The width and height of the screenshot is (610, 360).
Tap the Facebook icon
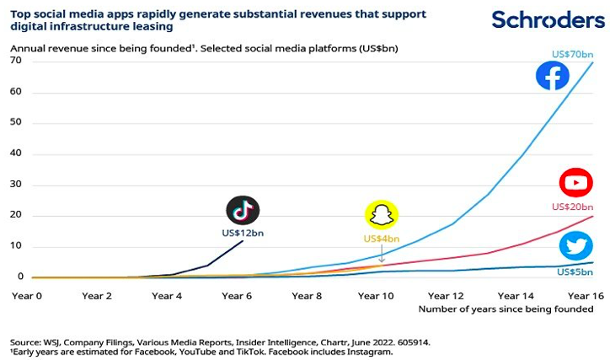tap(553, 77)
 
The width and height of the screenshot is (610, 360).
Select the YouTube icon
tap(576, 182)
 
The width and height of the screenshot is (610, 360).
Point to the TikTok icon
tap(243, 210)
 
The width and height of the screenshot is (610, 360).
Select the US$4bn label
tap(382, 239)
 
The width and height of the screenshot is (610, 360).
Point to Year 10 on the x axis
tap(377, 296)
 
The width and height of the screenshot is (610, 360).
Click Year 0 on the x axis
tap(26, 296)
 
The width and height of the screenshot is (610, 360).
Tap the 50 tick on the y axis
tap(16, 123)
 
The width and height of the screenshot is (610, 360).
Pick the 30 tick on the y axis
tap(16, 185)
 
